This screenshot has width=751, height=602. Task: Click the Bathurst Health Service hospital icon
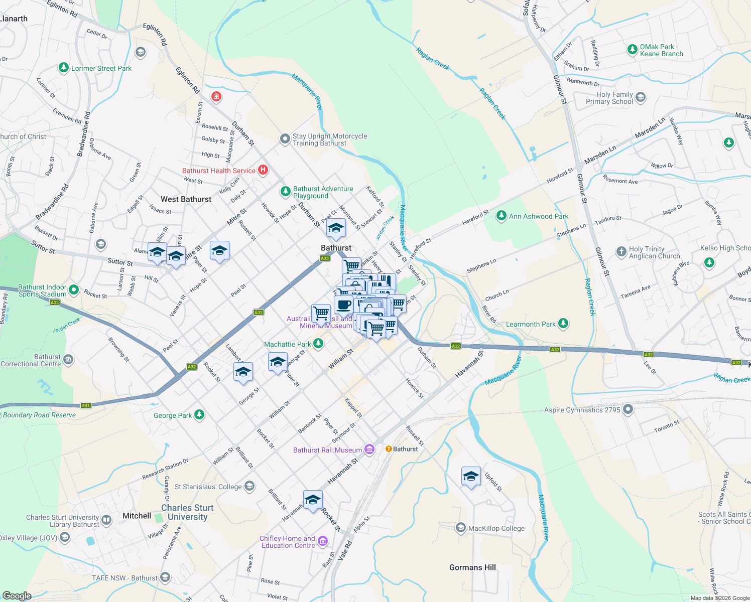tap(263, 170)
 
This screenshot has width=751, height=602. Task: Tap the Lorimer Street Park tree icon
tap(63, 68)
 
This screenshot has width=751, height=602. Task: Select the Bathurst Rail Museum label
tap(327, 450)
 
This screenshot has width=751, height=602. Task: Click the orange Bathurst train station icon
tap(388, 448)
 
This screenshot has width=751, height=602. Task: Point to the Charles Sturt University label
tap(187, 512)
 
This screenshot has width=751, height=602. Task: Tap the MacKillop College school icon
tap(460, 528)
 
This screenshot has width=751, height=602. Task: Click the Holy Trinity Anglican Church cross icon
tap(621, 251)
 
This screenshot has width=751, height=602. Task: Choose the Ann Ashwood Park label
tap(539, 216)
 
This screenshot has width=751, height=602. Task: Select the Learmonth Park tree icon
tap(563, 324)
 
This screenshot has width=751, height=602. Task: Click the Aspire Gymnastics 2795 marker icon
tap(628, 410)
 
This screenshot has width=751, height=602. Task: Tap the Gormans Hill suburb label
tap(472, 567)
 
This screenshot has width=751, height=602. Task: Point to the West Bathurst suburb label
tap(186, 199)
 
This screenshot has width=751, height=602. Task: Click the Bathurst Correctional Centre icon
tap(68, 360)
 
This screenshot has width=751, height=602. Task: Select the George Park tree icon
tap(199, 415)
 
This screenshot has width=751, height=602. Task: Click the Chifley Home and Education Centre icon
tap(322, 541)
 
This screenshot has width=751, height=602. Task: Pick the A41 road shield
tap(86, 405)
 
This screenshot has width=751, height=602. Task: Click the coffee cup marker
tap(344, 304)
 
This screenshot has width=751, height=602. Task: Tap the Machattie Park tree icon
tap(318, 344)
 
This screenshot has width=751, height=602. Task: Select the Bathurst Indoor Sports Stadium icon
tap(74, 289)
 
